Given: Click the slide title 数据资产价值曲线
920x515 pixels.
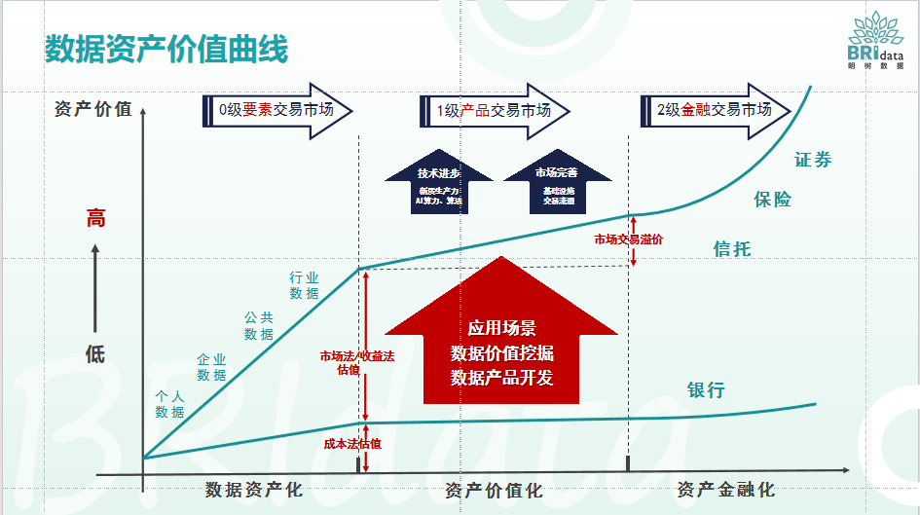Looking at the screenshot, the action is tap(166, 50).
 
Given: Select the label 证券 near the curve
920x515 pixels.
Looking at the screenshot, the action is tap(814, 160).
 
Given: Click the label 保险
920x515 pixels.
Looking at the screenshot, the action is tap(773, 200).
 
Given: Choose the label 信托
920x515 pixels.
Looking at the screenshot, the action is tap(732, 249).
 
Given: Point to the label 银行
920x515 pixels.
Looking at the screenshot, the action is tap(707, 390).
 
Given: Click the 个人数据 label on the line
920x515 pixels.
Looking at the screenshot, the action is tap(169, 404).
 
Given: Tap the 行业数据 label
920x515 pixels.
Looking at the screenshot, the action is tap(304, 285).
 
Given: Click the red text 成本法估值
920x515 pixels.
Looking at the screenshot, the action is tap(351, 443).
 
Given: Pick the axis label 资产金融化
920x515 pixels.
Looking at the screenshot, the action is tap(725, 489).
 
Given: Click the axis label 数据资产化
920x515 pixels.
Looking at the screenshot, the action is tap(254, 489).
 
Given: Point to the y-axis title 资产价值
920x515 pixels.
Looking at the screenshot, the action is tap(93, 109).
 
